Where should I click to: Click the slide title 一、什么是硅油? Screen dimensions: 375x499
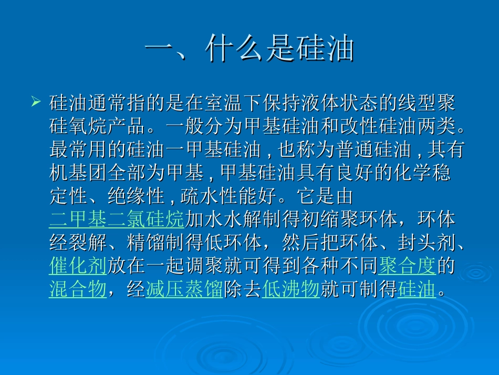coord(250,50)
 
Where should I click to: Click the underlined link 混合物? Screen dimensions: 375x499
coord(78,290)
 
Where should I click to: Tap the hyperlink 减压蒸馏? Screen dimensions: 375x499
coord(184,290)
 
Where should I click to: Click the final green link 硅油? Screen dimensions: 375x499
coord(417,290)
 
